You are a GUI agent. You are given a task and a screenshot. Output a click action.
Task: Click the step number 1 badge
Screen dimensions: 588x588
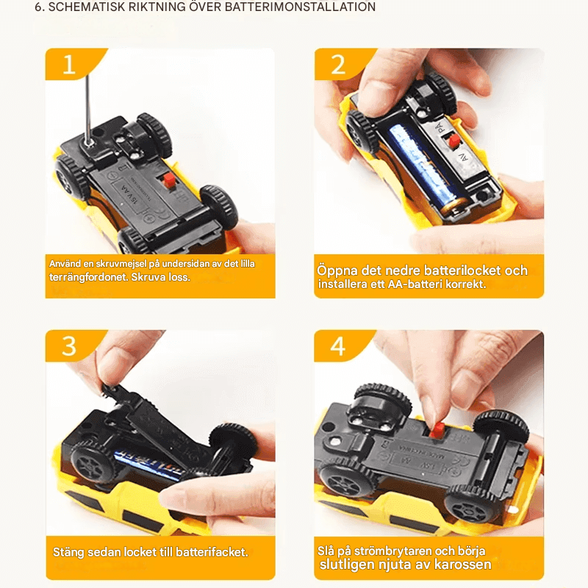coord(69,65)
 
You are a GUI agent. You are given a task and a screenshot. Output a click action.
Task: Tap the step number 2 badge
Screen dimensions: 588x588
coord(337,65)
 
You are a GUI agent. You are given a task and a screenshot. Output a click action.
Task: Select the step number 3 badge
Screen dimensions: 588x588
coord(69,345)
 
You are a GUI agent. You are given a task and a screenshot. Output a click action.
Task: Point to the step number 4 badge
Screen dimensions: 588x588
coord(337,345)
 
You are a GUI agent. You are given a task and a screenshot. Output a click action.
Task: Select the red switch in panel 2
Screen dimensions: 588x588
coord(453,140)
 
